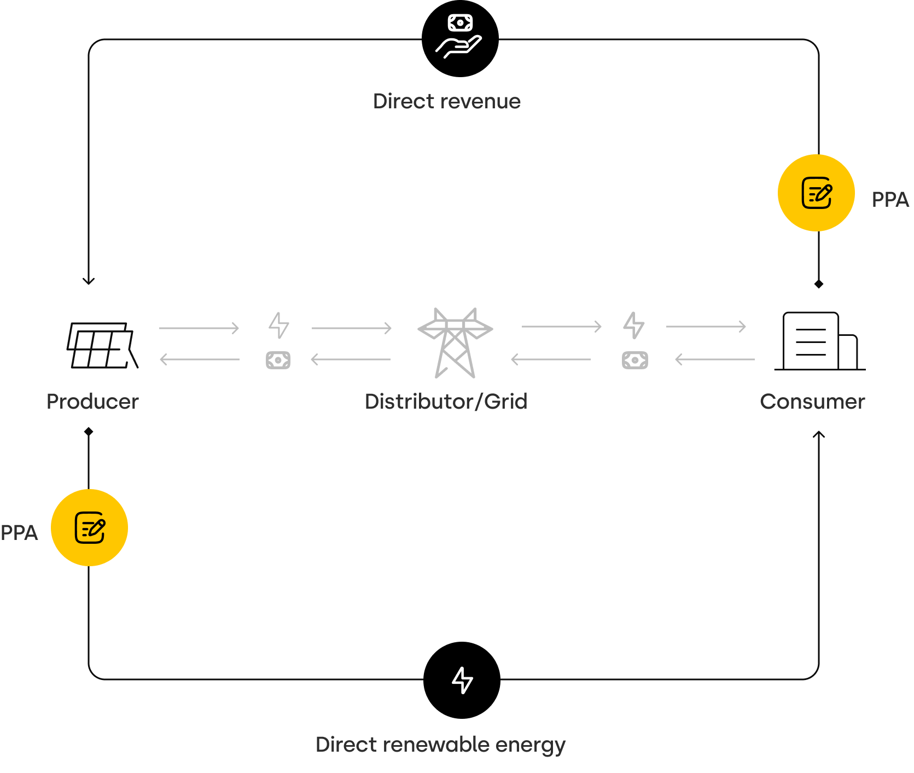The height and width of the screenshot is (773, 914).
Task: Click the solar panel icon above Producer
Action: click(102, 345)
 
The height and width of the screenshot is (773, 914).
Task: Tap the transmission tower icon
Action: click(455, 342)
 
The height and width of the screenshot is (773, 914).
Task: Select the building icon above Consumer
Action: click(819, 341)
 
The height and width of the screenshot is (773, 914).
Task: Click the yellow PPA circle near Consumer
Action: click(816, 193)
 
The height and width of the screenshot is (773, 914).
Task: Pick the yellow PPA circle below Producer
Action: click(89, 527)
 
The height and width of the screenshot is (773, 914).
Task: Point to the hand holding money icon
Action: click(459, 37)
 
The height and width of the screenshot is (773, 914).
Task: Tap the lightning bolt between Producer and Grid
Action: click(279, 326)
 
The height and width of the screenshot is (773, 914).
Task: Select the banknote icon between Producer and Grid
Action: click(278, 360)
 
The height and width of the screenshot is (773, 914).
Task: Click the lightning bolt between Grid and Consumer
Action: click(634, 326)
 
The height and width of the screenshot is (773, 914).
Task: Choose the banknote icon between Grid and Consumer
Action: click(634, 361)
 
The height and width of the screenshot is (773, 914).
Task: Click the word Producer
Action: click(92, 402)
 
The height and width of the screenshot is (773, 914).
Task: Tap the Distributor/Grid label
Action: click(446, 402)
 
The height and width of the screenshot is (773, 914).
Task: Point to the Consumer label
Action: click(812, 402)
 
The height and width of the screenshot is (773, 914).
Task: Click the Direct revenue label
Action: click(446, 101)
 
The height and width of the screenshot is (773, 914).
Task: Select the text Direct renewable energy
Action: click(440, 745)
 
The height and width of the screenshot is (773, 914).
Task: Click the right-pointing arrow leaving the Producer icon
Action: click(199, 328)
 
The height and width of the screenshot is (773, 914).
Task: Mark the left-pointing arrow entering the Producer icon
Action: click(199, 359)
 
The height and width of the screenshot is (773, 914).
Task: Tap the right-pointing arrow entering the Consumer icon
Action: click(706, 327)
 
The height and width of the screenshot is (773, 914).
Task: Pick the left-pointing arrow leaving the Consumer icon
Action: click(714, 359)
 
